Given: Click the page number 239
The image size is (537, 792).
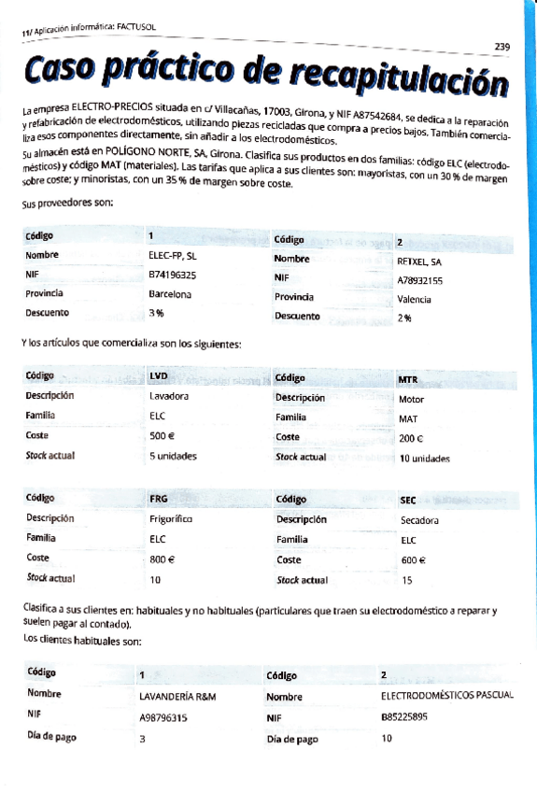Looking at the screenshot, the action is pyautogui.click(x=502, y=47).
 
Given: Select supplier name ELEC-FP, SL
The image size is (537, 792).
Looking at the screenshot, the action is pyautogui.click(x=173, y=255).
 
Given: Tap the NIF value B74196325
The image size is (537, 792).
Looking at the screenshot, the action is pyautogui.click(x=173, y=276).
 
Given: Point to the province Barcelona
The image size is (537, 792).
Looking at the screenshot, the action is pyautogui.click(x=170, y=294).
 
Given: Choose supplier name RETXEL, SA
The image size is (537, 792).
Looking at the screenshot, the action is pyautogui.click(x=419, y=262).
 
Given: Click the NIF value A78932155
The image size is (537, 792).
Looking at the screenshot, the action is pyautogui.click(x=420, y=280).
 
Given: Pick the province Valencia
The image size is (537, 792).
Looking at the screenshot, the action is pyautogui.click(x=414, y=300).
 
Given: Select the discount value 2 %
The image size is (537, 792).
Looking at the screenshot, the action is pyautogui.click(x=404, y=318).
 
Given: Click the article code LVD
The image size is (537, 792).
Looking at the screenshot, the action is pyautogui.click(x=159, y=376).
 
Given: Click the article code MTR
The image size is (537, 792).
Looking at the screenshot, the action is pyautogui.click(x=408, y=380).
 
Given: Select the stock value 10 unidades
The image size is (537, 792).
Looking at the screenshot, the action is pyautogui.click(x=425, y=459).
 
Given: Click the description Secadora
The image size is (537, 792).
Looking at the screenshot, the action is pyautogui.click(x=419, y=520).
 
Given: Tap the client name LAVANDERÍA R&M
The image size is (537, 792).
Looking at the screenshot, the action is pyautogui.click(x=177, y=697).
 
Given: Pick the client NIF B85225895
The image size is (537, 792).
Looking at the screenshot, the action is pyautogui.click(x=404, y=717).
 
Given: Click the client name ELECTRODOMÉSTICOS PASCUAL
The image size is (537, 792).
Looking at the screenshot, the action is pyautogui.click(x=447, y=696).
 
